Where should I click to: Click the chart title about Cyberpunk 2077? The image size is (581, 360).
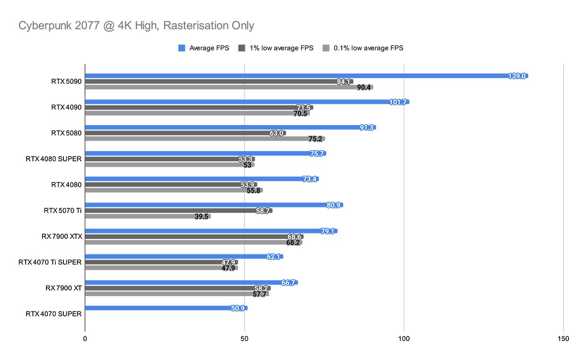(136, 26)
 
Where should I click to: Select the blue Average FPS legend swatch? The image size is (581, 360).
(182, 48)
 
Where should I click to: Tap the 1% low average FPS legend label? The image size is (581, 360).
(281, 48)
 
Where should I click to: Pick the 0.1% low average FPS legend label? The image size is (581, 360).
(368, 48)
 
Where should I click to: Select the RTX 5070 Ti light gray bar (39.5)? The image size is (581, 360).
(148, 217)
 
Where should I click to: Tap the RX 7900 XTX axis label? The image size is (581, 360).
(62, 236)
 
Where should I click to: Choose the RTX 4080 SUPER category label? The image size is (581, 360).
(54, 158)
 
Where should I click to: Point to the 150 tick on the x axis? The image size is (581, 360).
(564, 339)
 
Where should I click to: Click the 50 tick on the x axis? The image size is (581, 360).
(245, 339)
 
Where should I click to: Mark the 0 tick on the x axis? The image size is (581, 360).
(85, 339)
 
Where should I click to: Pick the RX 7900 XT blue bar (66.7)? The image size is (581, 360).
(191, 282)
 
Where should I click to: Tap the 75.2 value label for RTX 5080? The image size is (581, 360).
(316, 139)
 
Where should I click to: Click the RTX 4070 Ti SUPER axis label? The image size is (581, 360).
(50, 262)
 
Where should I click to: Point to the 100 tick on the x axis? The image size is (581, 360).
(404, 339)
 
